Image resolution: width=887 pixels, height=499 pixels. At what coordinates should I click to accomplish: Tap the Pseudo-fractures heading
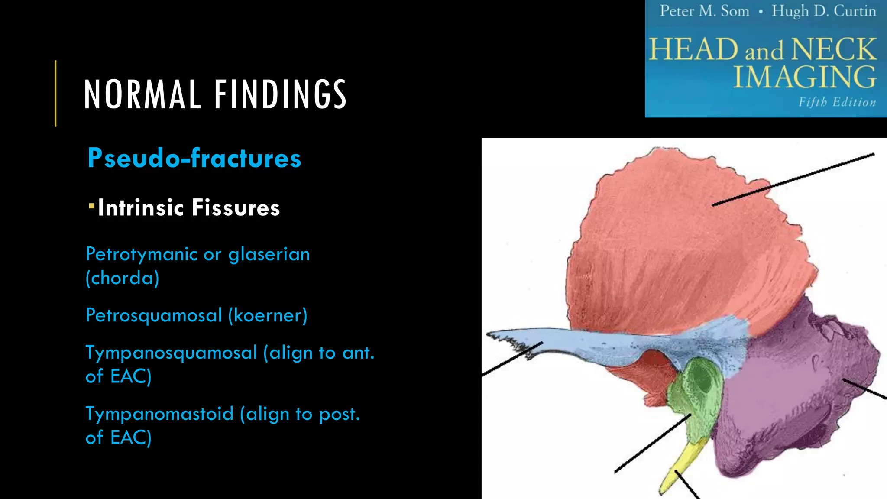(x=194, y=158)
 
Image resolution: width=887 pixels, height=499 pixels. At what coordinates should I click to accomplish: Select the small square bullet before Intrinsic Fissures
(x=91, y=205)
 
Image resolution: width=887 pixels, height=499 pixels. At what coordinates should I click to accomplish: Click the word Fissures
(x=236, y=208)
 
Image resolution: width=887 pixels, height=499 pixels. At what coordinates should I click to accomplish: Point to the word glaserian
(x=269, y=254)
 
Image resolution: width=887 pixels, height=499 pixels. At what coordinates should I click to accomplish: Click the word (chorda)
(x=122, y=278)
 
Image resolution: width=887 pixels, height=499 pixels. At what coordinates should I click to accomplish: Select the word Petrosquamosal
(x=154, y=315)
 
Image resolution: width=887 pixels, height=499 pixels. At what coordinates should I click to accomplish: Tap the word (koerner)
(x=268, y=315)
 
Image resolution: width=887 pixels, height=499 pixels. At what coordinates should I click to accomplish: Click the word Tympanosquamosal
(x=172, y=353)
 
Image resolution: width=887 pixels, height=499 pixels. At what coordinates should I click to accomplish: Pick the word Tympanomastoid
(x=159, y=414)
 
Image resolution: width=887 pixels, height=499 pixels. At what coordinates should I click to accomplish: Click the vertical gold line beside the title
(x=55, y=93)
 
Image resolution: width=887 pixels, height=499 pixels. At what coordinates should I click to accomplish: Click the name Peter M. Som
(x=704, y=11)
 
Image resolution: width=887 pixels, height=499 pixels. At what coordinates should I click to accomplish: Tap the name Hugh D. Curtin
(x=823, y=11)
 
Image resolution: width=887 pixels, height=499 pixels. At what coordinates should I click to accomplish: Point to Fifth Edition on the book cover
(x=837, y=102)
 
